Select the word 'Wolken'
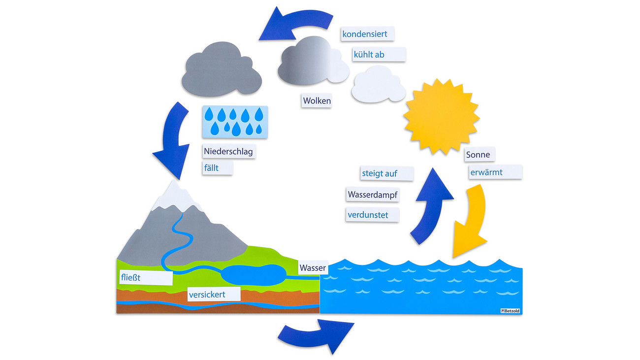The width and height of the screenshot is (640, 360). point(317,101)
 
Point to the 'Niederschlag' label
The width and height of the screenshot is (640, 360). point(229,152)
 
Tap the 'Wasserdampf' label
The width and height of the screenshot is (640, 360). point(372,195)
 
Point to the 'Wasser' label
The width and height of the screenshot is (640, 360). point(313,268)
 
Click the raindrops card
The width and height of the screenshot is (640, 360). point(235,122)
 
